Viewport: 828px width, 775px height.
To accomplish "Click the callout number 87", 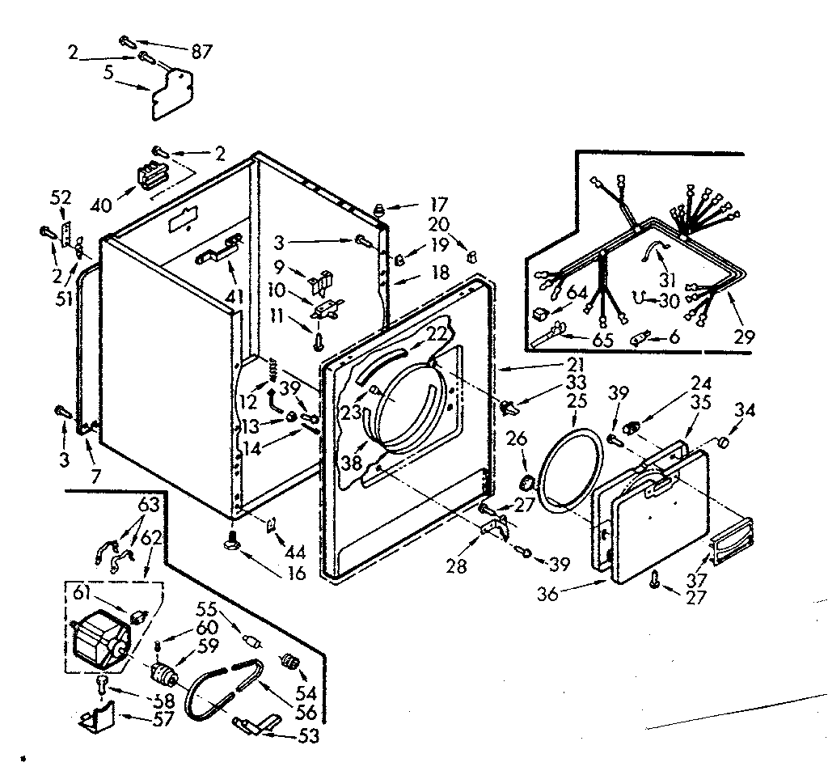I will click(201, 52).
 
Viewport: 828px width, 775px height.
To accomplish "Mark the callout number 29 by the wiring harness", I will click(745, 337).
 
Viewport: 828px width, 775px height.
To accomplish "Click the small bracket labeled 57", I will click(98, 718).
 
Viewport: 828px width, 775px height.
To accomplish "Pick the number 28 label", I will click(457, 566).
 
